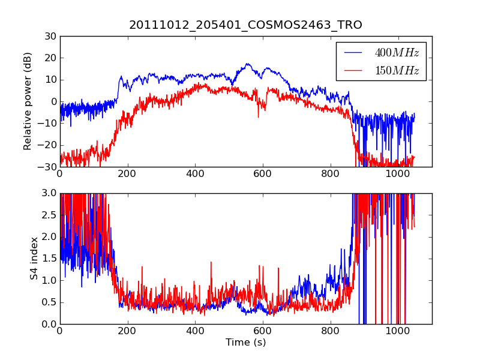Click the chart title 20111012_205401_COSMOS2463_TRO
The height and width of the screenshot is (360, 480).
coord(245,25)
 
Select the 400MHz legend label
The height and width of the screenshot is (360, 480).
coord(397,53)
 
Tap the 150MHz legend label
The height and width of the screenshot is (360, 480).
coord(397,71)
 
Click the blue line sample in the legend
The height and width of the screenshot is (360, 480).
coord(353,53)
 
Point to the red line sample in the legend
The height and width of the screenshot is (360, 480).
coord(353,71)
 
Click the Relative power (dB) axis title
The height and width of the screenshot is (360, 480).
coord(28,101)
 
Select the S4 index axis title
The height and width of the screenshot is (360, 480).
coord(35,259)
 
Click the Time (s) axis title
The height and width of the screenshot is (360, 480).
coord(245,343)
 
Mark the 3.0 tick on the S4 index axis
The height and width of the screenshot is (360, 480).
coord(49,193)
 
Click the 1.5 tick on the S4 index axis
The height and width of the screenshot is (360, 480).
coord(49,259)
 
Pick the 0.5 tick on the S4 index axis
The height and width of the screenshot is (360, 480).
coord(49,302)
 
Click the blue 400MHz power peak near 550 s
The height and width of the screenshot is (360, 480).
coord(247,64)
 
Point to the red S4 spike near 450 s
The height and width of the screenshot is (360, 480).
coord(211,262)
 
